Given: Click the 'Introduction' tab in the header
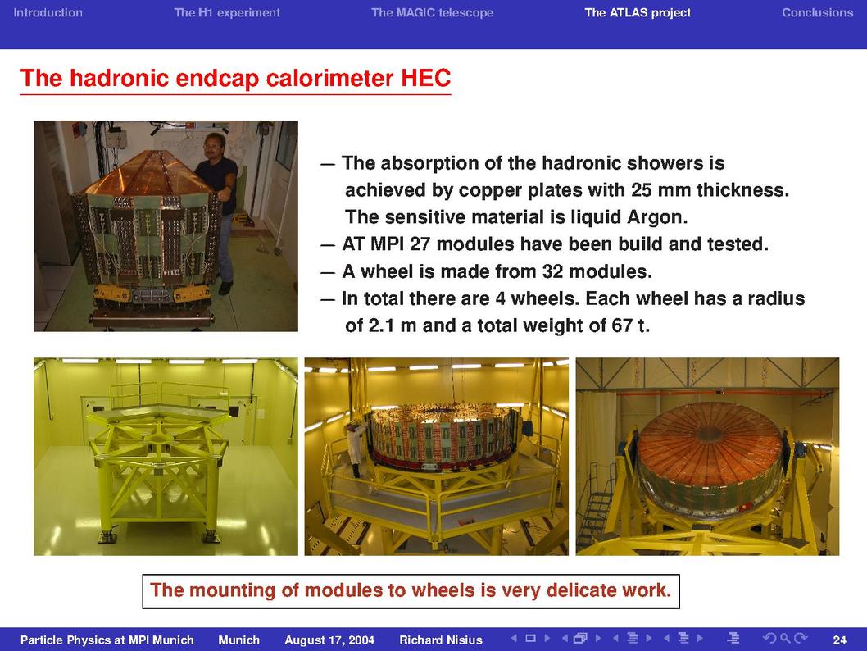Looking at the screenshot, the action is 48,13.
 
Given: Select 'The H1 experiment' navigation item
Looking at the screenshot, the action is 227,13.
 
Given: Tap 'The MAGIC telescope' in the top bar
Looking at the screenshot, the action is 433,13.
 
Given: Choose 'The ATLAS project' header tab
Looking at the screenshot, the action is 638,13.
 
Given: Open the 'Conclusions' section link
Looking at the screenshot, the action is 817,13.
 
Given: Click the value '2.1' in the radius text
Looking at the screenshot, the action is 381,325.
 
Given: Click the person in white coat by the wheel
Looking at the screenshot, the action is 355,448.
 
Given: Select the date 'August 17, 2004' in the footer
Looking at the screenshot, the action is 329,640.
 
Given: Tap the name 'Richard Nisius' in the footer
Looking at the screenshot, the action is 441,640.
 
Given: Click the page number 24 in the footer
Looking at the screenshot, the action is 839,640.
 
